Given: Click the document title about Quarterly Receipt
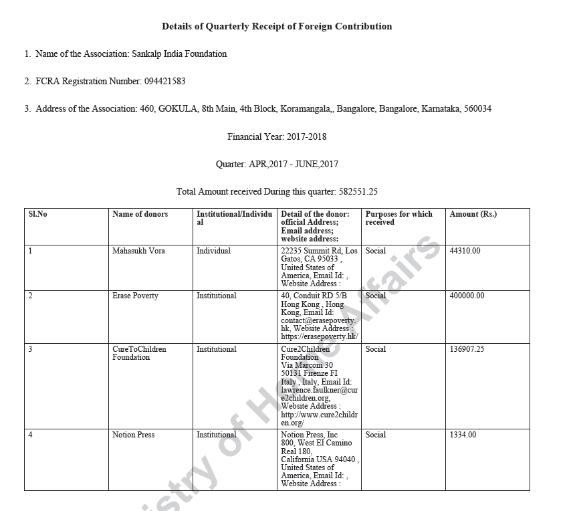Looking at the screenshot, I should coord(277,27).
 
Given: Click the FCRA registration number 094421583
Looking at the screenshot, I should coord(164,82).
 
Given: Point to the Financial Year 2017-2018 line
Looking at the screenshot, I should coord(277,137).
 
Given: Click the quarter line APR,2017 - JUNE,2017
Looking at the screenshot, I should coord(277,165).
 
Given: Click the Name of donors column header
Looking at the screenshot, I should coord(140,215).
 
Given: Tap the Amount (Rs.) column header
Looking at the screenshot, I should coord(473,215).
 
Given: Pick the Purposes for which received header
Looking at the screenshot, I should coord(398,218).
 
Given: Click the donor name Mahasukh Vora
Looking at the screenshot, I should coord(138,251).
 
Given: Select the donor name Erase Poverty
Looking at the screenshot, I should coord(135,296).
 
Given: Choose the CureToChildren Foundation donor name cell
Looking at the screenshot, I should coord(139,353).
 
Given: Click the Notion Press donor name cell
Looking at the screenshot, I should coord(133,435).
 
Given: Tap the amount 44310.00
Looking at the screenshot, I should coord(465,251).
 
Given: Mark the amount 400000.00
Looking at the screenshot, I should coord(467,296).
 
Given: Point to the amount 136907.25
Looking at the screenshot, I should coord(467,349).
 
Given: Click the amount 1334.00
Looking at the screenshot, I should coord(463,435).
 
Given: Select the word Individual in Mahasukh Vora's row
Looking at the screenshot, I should coord(213,251).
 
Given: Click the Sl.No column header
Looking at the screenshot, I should coord(37,215).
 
